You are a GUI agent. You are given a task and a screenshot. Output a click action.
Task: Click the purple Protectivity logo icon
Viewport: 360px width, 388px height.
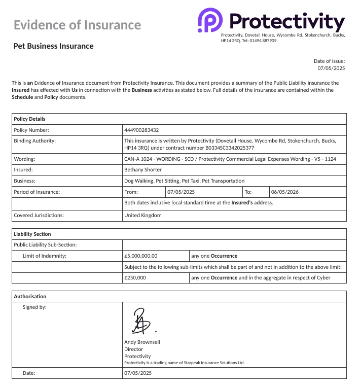tap(207, 21)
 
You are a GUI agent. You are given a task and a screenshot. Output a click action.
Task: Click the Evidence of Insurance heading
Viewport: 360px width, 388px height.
tap(77, 25)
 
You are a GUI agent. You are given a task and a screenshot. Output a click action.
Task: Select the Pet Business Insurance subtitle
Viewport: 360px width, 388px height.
tap(53, 46)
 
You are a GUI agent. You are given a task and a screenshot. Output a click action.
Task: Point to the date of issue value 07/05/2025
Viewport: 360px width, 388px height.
tap(331, 68)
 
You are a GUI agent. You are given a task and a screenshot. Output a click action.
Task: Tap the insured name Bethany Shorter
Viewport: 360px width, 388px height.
tap(143, 170)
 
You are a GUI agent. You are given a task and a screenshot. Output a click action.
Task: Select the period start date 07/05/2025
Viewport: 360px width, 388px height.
tap(181, 192)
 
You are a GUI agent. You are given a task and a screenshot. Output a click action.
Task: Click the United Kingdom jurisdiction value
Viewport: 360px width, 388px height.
tap(143, 215)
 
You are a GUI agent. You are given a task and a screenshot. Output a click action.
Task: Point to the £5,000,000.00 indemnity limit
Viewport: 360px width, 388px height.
tap(141, 256)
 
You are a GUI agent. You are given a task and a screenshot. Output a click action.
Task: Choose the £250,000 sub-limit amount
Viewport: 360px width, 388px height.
tap(135, 278)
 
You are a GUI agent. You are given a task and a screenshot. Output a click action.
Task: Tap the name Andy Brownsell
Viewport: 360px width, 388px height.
tap(142, 342)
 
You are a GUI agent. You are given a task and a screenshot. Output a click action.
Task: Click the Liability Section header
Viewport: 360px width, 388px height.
tap(32, 234)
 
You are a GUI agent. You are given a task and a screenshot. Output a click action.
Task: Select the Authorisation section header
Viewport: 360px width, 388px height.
tap(30, 296)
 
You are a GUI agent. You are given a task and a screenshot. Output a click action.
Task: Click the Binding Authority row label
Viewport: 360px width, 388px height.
tap(35, 141)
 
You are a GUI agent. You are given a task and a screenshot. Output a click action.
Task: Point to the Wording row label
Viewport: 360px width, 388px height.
tap(24, 159)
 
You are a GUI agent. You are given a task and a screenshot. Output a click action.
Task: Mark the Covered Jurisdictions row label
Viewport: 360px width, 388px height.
tap(39, 215)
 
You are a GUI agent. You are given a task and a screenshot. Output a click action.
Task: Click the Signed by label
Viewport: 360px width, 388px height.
tap(35, 307)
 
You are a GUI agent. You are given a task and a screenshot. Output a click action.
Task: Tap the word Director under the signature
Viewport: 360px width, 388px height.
tap(133, 349)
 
